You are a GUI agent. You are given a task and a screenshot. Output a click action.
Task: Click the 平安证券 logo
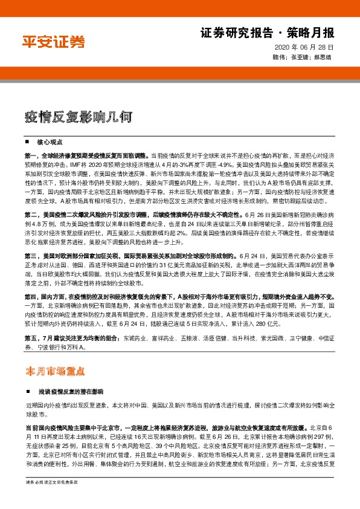coord(53,42)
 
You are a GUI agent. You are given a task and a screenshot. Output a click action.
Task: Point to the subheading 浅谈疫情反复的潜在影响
coord(70,391)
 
